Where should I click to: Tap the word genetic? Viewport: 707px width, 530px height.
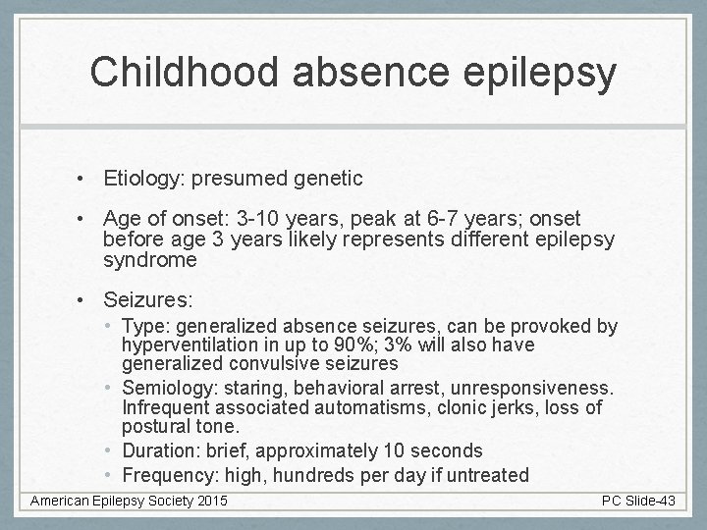[328, 179]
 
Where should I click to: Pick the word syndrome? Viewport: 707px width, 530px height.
[150, 260]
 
